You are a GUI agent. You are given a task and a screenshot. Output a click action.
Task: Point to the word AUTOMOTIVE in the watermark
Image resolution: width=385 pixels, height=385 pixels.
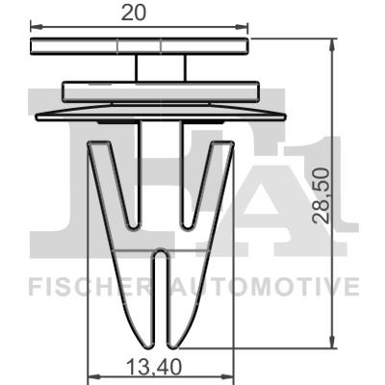pyautogui.click(x=265, y=287)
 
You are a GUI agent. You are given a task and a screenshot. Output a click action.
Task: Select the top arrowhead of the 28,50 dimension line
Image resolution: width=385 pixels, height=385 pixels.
pyautogui.click(x=332, y=47)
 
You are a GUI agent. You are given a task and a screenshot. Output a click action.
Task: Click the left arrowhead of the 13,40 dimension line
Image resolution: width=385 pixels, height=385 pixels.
pyautogui.click(x=93, y=375)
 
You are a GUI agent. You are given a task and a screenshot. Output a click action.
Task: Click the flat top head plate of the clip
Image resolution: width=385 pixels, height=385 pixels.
pyautogui.click(x=140, y=47)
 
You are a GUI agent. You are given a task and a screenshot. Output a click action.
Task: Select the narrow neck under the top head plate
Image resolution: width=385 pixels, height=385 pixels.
pyautogui.click(x=160, y=68)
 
